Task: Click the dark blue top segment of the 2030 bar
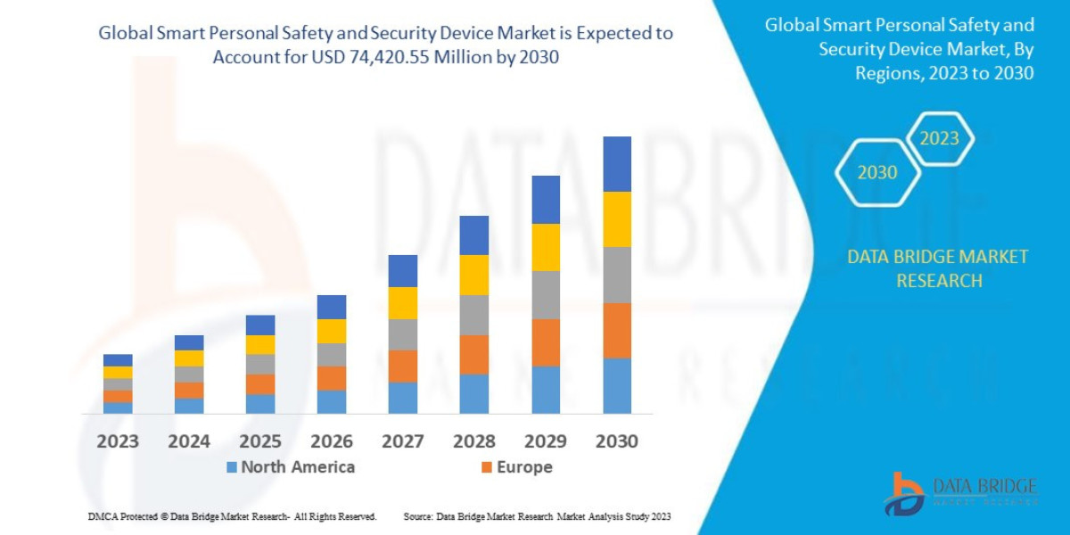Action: pos(617,164)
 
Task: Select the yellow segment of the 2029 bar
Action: pos(546,247)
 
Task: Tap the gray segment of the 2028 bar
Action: pos(474,315)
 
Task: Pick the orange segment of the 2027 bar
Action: pos(403,366)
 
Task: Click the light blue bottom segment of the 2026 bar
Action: pos(332,401)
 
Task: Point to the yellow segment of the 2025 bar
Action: pos(260,344)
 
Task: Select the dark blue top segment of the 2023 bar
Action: pos(118,360)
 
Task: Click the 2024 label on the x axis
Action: pos(189,440)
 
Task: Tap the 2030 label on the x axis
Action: pos(617,440)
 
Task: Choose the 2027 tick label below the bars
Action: pos(403,440)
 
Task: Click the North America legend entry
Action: pos(290,466)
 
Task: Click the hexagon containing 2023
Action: pos(939,138)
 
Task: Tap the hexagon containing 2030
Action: pos(877,172)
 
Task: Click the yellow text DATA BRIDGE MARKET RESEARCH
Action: pos(937,268)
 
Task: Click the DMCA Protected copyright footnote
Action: pos(232,516)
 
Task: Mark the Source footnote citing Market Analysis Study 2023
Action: pos(537,516)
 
